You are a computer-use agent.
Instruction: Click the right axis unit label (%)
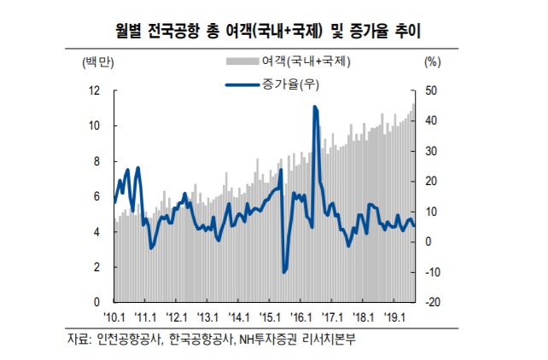(433, 61)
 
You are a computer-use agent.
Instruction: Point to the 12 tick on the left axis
(96, 90)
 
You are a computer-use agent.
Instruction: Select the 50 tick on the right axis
(431, 90)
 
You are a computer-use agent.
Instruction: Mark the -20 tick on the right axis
(433, 302)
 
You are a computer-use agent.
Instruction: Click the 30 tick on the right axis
(431, 151)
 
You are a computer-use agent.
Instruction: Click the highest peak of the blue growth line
(315, 107)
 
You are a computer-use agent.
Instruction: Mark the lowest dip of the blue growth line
(283, 272)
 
